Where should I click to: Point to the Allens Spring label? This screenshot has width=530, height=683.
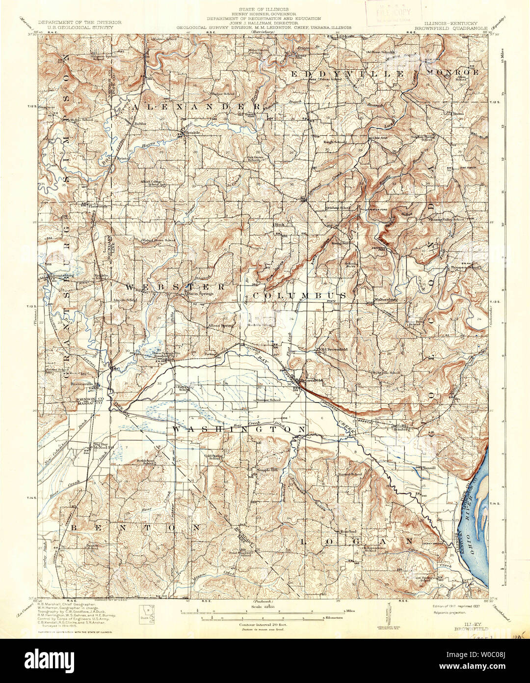pyautogui.click(x=220, y=325)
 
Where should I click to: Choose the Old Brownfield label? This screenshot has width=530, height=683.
pyautogui.click(x=333, y=350)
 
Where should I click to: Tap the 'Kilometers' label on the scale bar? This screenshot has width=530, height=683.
pyautogui.click(x=333, y=617)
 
